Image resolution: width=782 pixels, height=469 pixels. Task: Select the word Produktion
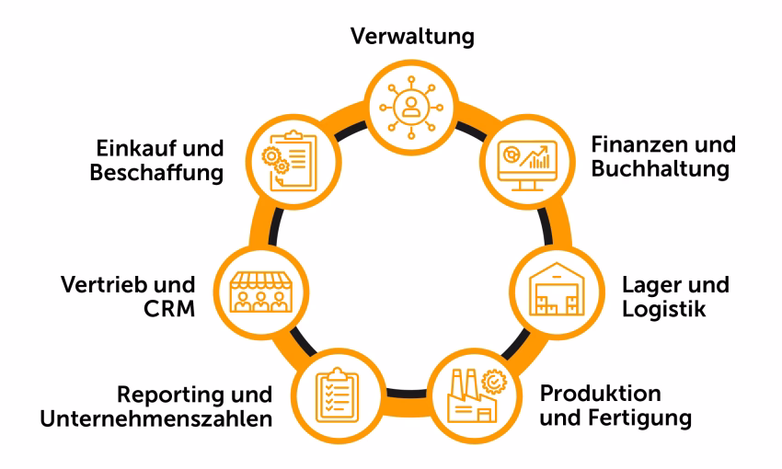tap(600, 395)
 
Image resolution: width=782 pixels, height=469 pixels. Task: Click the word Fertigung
tap(644, 420)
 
